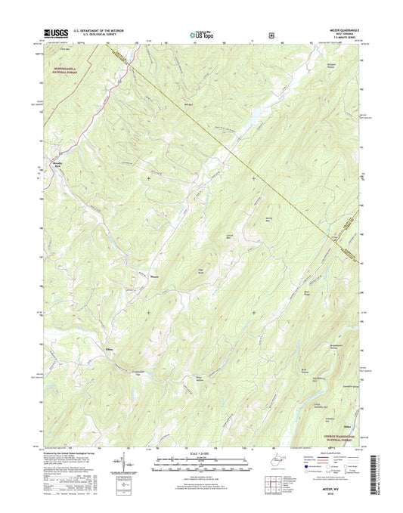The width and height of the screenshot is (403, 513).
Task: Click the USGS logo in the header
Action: coord(56,32)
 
